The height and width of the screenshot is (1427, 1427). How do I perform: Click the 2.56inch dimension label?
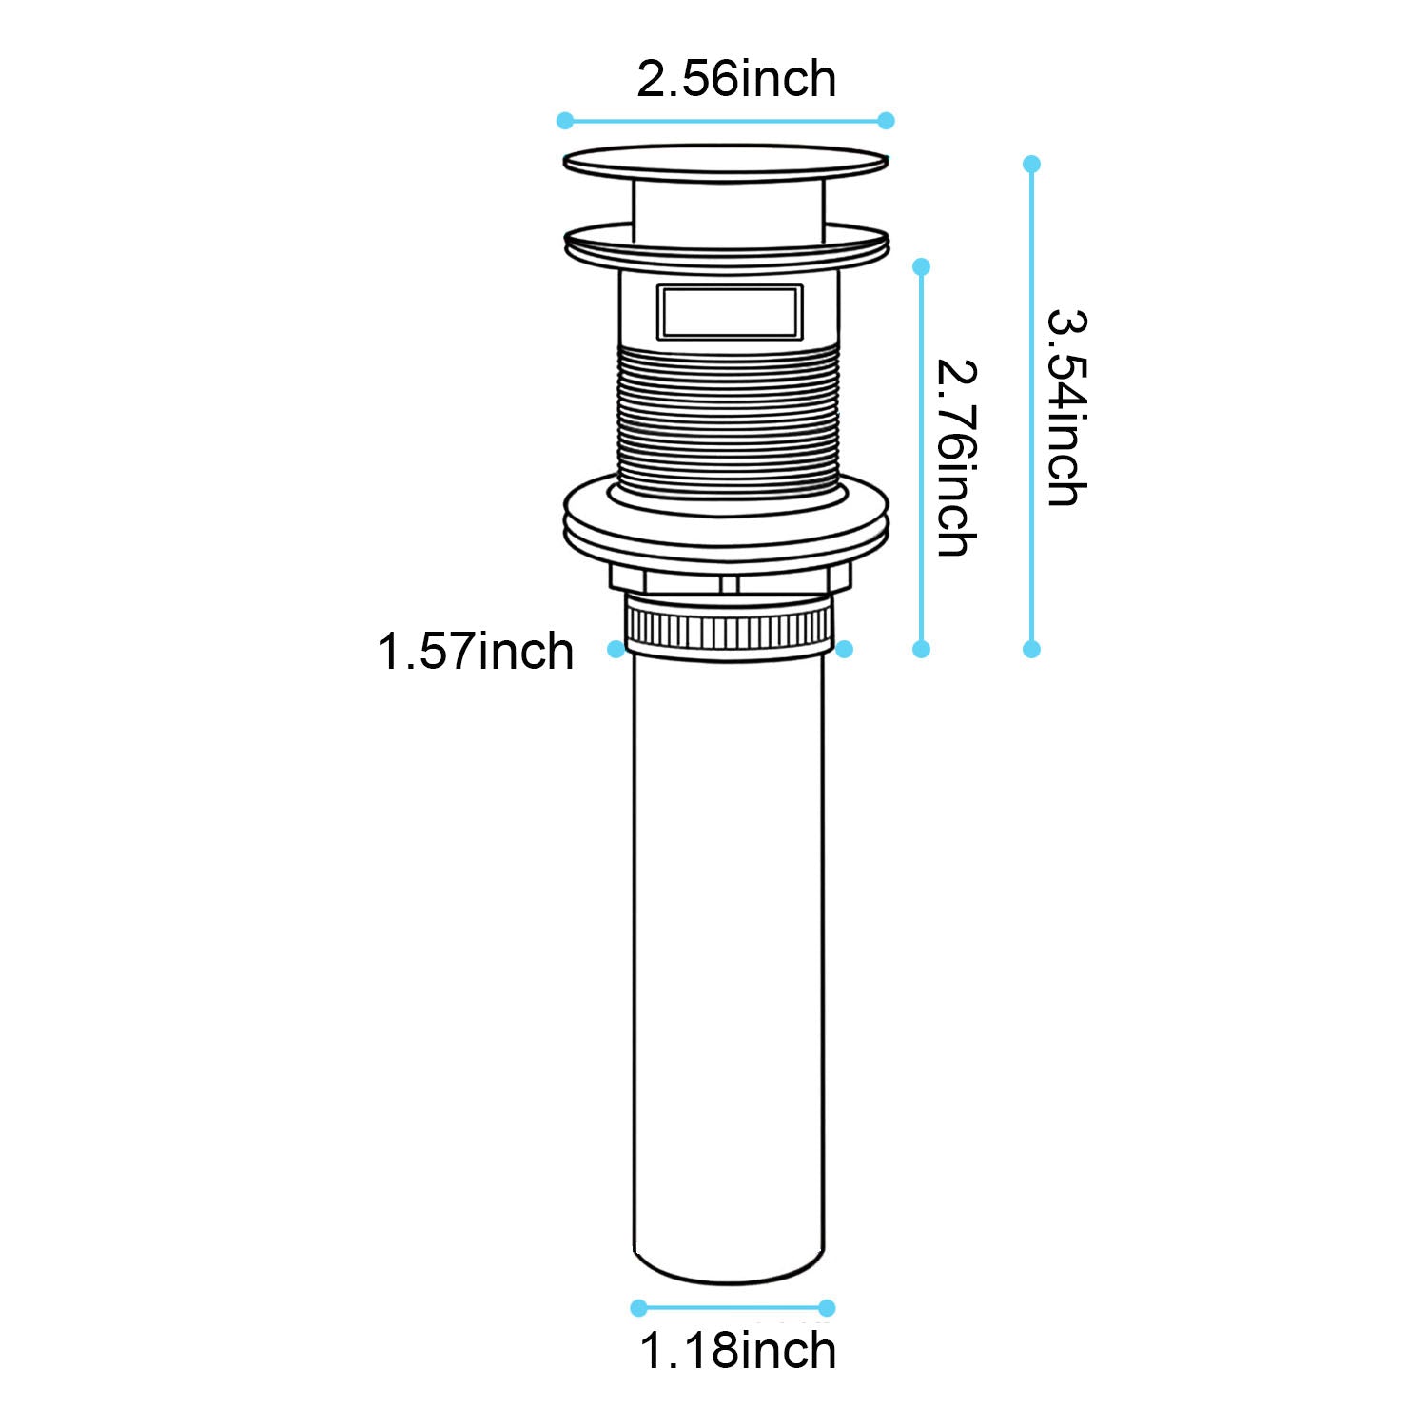[735, 79]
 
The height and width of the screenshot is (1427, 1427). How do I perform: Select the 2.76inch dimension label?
[955, 457]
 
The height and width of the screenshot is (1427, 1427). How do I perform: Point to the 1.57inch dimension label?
[476, 653]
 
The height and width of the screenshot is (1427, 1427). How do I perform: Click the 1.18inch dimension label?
[737, 1351]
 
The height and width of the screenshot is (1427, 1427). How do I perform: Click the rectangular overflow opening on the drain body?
[729, 312]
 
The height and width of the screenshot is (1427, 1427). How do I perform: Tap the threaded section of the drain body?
[729, 419]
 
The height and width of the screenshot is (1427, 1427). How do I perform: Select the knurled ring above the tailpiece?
[729, 628]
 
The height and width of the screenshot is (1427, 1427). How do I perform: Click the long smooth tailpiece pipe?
[729, 951]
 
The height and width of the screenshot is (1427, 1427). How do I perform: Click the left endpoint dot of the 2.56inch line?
[565, 121]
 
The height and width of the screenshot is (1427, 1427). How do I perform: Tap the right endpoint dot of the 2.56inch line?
[886, 121]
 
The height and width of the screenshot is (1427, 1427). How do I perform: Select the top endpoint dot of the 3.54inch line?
[1032, 164]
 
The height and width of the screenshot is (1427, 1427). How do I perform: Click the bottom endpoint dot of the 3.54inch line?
[1032, 650]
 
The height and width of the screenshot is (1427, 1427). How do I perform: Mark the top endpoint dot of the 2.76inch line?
[921, 267]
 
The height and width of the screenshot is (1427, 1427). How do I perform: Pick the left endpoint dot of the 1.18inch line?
[639, 1308]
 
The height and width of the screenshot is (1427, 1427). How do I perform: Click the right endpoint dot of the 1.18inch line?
[827, 1308]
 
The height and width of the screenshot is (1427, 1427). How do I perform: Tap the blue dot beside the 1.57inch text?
[616, 649]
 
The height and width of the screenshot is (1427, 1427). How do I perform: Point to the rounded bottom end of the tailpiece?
[729, 1270]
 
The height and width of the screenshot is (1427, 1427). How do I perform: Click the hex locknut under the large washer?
[729, 579]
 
